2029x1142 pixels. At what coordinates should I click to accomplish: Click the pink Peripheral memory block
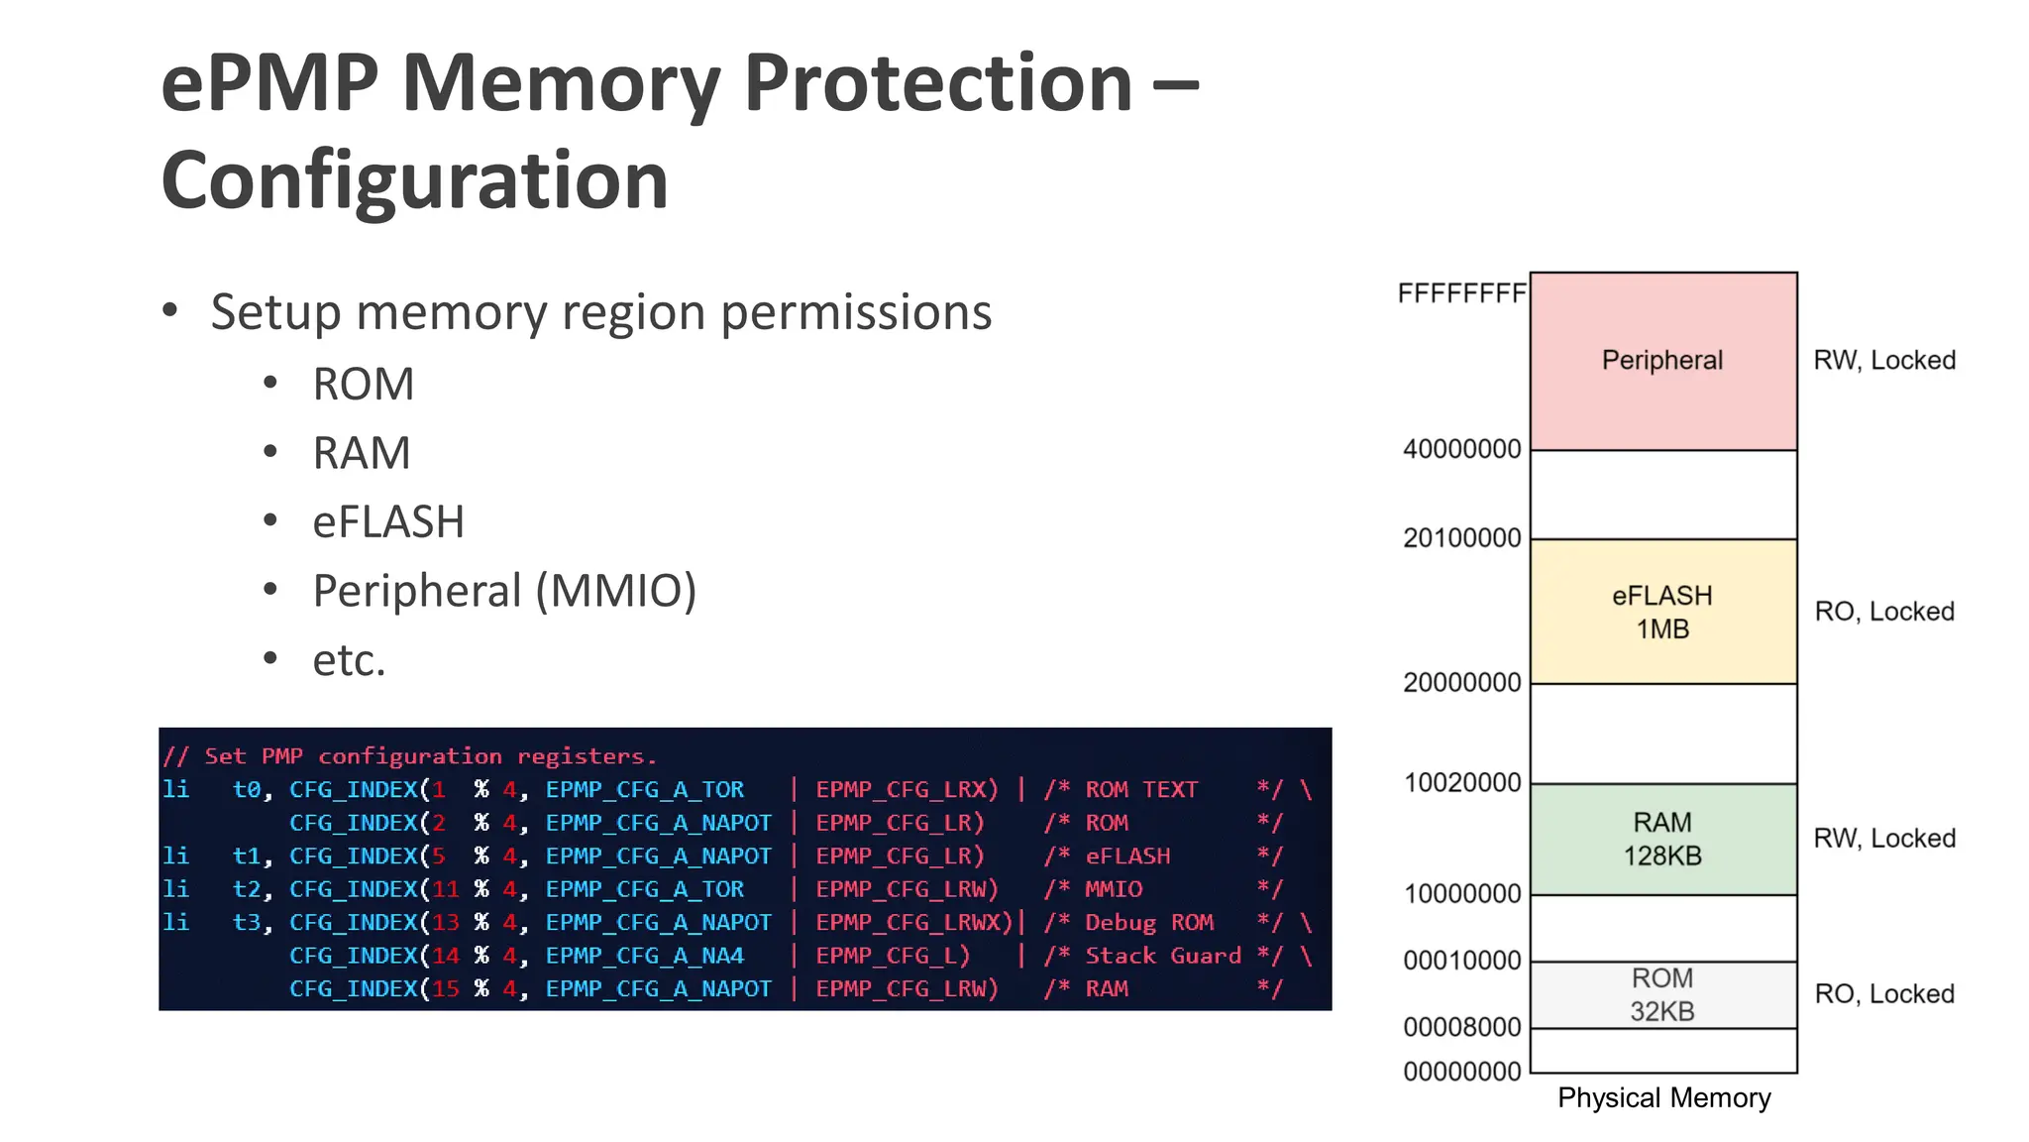tap(1662, 361)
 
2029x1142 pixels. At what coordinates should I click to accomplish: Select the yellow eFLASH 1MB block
tap(1662, 612)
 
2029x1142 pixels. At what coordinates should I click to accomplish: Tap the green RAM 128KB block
tap(1662, 839)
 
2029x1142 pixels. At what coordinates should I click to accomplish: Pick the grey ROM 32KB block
tap(1662, 994)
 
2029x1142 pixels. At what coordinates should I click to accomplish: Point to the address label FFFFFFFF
tap(1461, 293)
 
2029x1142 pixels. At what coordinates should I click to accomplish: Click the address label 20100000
tap(1461, 538)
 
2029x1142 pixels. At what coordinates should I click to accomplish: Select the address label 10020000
tap(1461, 783)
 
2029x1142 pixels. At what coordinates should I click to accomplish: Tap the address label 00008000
tap(1461, 1027)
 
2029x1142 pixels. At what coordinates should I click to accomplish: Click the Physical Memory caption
tap(1663, 1098)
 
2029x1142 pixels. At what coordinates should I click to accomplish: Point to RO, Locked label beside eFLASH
tap(1883, 612)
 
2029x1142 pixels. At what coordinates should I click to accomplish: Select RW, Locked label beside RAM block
tap(1883, 839)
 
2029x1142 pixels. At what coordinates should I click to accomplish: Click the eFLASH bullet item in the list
tap(387, 522)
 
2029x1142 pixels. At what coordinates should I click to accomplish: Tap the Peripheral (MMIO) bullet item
tap(504, 591)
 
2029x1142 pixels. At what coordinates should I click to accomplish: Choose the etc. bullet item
tap(349, 660)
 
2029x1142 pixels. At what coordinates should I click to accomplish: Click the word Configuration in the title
tap(414, 180)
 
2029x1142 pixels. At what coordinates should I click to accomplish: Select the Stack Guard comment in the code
tap(1162, 956)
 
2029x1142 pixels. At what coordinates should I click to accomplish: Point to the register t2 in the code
tap(248, 889)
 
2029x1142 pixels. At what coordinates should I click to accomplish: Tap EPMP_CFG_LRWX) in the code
tap(913, 923)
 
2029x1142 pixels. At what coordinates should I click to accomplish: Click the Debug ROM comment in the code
tap(1148, 923)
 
